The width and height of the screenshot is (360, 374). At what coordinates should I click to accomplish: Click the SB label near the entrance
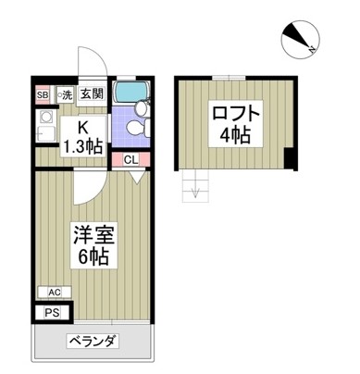coord(42,93)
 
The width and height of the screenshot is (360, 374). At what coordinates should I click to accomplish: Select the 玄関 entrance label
coord(91,93)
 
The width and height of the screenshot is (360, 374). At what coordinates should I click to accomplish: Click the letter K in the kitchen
coord(81,129)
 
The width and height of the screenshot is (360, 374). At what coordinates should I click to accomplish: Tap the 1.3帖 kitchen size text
coord(81,146)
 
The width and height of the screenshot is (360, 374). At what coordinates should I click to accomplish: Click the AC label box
coord(54,293)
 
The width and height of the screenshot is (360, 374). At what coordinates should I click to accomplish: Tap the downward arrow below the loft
coord(195,192)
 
